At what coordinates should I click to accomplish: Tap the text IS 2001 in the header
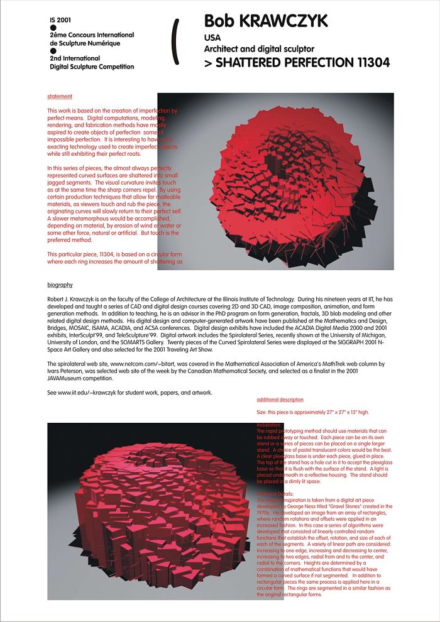coord(60,21)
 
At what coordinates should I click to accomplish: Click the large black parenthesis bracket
coord(177,41)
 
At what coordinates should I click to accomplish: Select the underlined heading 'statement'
coord(60,97)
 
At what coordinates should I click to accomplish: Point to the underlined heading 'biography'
coord(60,285)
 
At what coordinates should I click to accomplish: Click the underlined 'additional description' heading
coord(280,400)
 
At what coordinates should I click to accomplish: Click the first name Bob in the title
coord(219,22)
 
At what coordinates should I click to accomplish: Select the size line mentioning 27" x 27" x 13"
coord(312,412)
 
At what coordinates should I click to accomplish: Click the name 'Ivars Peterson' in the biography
coord(64,371)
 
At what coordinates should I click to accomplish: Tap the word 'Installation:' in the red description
coord(270,425)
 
